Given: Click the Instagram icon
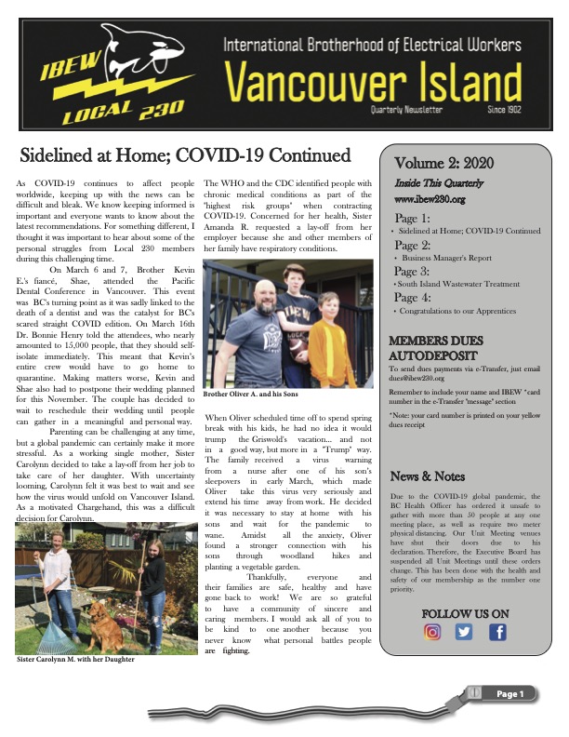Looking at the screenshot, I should (432, 632).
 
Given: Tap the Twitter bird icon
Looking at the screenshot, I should (465, 632).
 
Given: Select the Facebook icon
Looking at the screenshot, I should (497, 632).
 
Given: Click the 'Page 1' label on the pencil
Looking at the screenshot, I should (511, 694).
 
